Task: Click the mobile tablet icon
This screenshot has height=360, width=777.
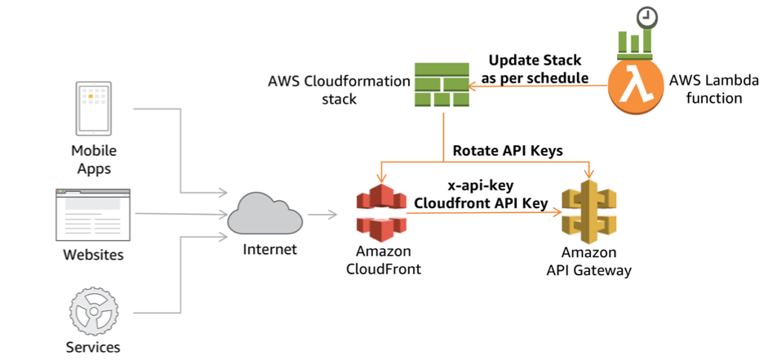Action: (x=93, y=109)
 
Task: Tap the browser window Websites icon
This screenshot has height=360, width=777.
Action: (x=93, y=215)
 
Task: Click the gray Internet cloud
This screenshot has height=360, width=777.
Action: (x=264, y=214)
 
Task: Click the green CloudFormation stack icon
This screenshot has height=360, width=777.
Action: (x=441, y=85)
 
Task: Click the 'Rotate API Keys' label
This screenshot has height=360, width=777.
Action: (x=508, y=150)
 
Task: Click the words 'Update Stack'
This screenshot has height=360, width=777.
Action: (x=535, y=60)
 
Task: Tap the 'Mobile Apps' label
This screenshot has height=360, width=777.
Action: (x=94, y=159)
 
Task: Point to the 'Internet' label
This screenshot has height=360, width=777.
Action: (x=270, y=248)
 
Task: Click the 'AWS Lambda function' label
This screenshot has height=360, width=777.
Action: (x=713, y=89)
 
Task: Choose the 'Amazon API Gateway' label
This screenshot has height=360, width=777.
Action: (x=588, y=261)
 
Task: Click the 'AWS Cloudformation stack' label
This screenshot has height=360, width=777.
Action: (x=339, y=91)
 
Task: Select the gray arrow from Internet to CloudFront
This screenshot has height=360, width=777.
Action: (x=322, y=215)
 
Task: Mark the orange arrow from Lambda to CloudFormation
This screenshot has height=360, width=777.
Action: (x=539, y=86)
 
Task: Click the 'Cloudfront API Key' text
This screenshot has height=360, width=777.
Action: (x=481, y=203)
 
